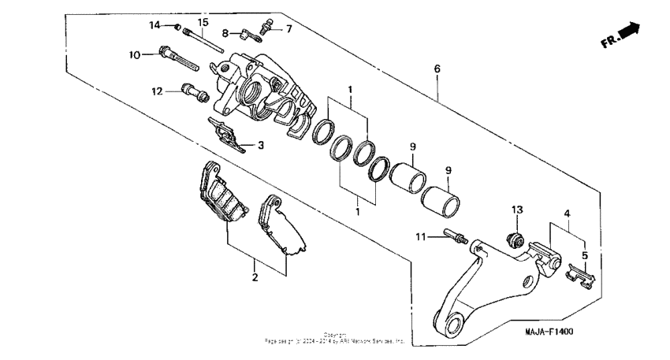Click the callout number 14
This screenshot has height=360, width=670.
coord(154,25)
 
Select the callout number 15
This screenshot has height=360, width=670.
coord(203,21)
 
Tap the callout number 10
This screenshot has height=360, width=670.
coord(135,54)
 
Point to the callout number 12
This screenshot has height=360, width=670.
coord(157,91)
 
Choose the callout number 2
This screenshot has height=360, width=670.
coord(255,277)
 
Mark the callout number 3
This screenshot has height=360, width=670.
coord(260,145)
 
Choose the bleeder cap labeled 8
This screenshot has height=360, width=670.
coord(248,35)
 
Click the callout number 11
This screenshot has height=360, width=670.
coord(421,236)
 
